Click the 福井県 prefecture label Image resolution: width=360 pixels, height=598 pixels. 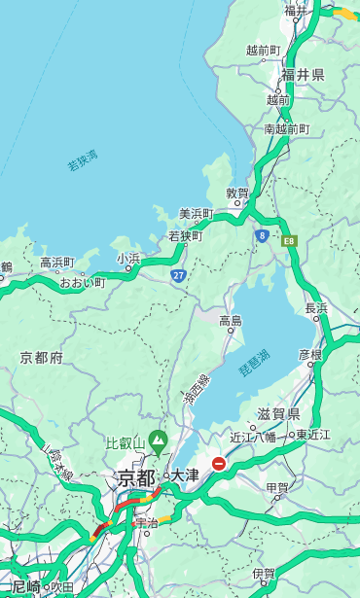coord(304,75)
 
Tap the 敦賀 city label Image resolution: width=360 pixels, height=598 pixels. coord(237,193)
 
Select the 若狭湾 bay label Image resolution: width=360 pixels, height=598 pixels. coord(83,160)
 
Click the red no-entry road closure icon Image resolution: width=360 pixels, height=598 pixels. coord(219,465)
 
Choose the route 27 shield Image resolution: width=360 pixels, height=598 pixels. coord(179,276)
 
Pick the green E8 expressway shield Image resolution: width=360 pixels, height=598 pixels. coord(289,240)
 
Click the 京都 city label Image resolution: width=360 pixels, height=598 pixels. coord(136,477)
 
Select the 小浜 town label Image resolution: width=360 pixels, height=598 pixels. coord(128,259)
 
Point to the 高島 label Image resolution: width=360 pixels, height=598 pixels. coord(231,321)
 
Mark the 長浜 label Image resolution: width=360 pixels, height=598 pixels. coord(317,308)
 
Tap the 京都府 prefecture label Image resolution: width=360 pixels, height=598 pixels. coord(42,358)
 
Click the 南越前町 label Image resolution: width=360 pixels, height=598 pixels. coord(286,128)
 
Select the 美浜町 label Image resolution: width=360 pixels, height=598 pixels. coord(196,214)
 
